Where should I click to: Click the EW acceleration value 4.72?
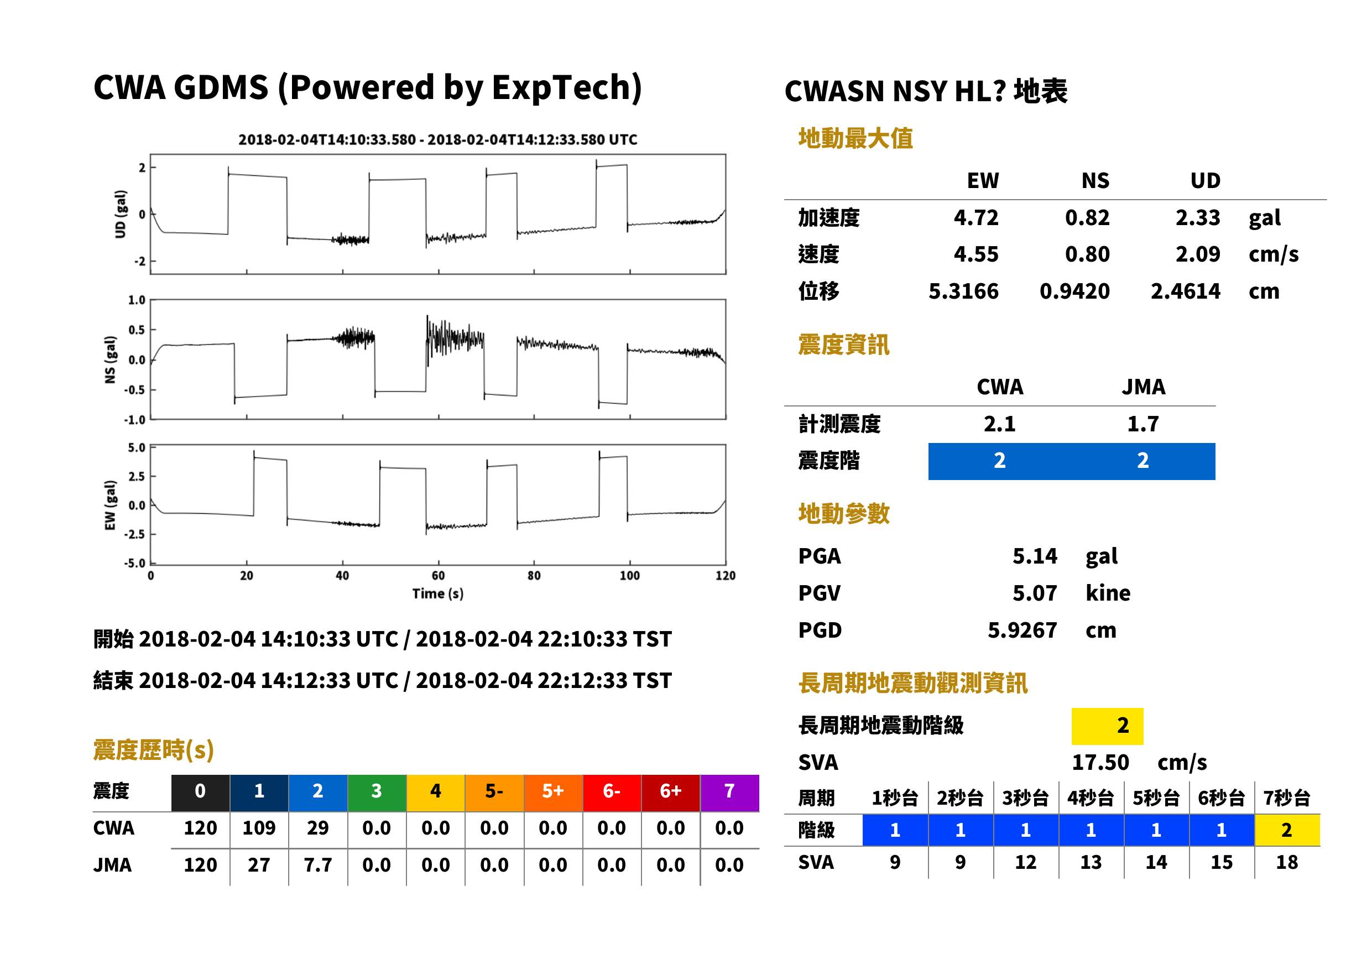point(975,217)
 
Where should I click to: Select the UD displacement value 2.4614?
point(1185,291)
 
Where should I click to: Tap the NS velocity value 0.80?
point(1087,254)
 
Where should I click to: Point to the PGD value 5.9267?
point(1022,630)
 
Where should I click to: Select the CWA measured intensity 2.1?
point(1000,424)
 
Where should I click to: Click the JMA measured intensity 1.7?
point(1143,424)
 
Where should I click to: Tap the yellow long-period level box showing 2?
point(1107,726)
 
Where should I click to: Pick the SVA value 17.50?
point(1100,762)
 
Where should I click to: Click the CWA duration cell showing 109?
point(259,827)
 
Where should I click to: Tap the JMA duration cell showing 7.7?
point(317,865)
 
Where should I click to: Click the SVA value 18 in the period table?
point(1286,862)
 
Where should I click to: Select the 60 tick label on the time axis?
point(438,576)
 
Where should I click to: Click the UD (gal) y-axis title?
point(121,214)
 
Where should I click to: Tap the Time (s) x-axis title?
point(438,593)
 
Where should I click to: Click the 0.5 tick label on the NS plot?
point(137,330)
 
